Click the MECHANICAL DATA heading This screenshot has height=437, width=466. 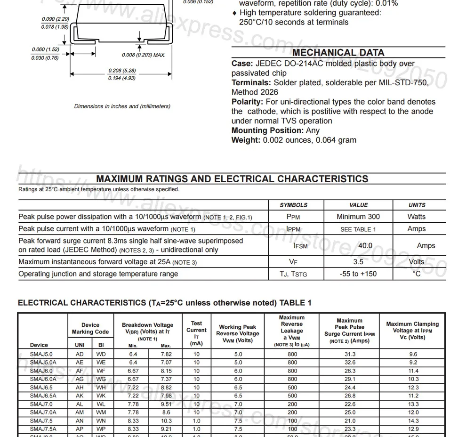[x=338, y=53]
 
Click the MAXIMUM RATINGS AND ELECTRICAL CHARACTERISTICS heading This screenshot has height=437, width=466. [x=232, y=179]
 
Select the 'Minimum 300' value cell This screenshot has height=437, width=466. [x=358, y=217]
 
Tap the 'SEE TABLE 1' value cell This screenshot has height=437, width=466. [x=358, y=229]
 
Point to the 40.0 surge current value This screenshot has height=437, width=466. [x=365, y=245]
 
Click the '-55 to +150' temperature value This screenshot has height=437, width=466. [x=358, y=274]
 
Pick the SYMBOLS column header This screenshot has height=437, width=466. [x=293, y=205]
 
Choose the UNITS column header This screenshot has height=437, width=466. [x=417, y=205]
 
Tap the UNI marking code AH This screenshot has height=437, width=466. [x=80, y=388]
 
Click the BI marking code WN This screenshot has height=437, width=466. [x=101, y=421]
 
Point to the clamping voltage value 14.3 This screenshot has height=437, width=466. [x=413, y=421]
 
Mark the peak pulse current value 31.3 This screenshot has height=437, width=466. [x=350, y=354]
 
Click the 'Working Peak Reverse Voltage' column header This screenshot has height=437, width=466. [x=237, y=333]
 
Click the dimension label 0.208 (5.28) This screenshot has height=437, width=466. [x=122, y=71]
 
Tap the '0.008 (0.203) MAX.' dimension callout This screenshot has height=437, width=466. [x=144, y=55]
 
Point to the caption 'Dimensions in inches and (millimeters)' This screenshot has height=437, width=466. [x=122, y=106]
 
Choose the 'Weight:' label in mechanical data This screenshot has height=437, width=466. [x=246, y=140]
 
